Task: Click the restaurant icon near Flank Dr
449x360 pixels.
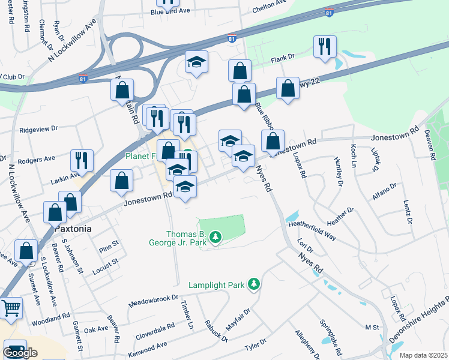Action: coord(325,46)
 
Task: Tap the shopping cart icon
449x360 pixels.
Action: coord(11,308)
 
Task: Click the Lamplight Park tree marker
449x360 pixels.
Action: coord(255,283)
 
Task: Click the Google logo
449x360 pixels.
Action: coord(20,353)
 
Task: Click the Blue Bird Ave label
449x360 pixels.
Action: coord(170,11)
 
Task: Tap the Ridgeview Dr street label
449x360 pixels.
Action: coord(38,128)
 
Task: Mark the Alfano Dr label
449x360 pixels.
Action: coord(384,189)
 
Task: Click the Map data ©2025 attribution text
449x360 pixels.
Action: coord(423,355)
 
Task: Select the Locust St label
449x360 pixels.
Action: coord(106,266)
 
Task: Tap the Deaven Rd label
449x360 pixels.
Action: coord(430,144)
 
